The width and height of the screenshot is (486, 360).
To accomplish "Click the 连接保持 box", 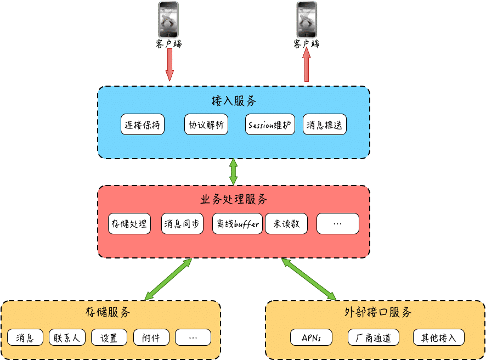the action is click(142, 125).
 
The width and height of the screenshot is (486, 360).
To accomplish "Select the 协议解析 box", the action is click(206, 125).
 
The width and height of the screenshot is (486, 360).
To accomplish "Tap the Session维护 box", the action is click(270, 125).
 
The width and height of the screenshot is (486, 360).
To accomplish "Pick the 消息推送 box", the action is click(325, 125).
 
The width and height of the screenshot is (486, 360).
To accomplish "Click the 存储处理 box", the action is click(129, 223).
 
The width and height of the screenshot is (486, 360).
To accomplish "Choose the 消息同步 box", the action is click(182, 223).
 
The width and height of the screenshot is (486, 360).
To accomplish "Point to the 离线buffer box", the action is click(238, 223).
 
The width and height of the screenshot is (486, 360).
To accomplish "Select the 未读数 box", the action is click(286, 223).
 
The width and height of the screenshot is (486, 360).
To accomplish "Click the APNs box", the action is click(311, 337).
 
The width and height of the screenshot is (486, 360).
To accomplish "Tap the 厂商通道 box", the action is click(374, 337).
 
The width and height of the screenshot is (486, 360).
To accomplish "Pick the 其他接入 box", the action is click(439, 337).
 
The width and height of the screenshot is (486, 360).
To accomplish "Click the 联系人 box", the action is click(67, 337).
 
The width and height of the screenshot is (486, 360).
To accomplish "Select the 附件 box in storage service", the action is click(151, 337).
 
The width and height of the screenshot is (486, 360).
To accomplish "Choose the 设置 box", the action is click(109, 337).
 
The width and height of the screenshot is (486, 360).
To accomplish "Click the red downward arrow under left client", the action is click(169, 65).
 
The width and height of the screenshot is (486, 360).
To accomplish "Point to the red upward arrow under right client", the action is click(307, 65).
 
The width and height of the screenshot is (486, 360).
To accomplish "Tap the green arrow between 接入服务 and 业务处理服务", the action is click(233, 172).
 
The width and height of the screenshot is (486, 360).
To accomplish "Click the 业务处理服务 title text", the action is click(233, 199).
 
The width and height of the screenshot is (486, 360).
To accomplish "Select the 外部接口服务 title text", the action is click(378, 312).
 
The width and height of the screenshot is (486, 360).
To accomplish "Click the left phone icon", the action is click(168, 19).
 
